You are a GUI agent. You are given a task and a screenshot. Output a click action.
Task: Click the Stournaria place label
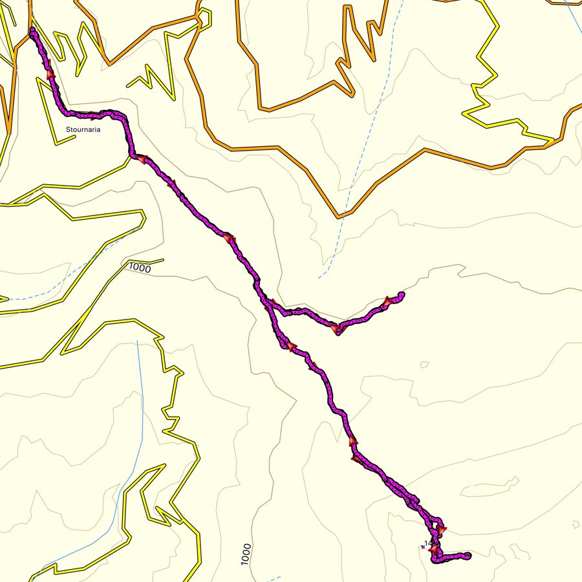[83, 129]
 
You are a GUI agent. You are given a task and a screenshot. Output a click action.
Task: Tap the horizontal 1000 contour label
[140, 267]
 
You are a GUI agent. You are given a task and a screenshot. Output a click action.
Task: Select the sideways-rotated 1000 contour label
[245, 554]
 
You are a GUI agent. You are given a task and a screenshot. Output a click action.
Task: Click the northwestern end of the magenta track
[32, 30]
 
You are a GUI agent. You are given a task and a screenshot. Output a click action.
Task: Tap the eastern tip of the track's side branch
[402, 295]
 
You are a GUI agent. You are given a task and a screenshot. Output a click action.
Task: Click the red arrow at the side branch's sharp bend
[337, 329]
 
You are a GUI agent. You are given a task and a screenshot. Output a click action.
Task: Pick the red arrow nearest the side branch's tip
[388, 301]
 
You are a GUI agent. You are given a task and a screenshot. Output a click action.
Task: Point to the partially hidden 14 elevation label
[427, 543]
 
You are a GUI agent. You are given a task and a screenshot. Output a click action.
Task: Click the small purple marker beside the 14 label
[423, 548]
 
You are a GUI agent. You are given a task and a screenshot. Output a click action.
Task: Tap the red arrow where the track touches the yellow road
[139, 157]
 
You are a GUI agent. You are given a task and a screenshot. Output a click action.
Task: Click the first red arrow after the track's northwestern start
[50, 74]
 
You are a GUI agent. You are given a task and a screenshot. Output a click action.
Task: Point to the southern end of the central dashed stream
[319, 278]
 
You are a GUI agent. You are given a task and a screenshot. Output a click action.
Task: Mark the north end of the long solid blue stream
[138, 341]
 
